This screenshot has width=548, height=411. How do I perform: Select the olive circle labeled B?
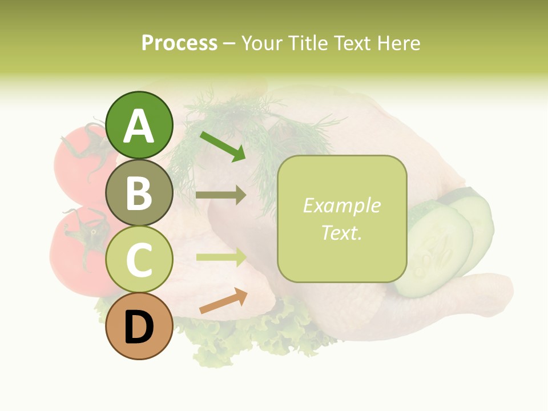pos(139,192)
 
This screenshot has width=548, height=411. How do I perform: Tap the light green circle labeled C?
pos(139,259)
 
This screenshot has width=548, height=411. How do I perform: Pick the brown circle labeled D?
pos(139,326)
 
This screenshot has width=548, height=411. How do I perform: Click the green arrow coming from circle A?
pos(223,146)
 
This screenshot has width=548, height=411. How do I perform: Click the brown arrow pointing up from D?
pos(223,301)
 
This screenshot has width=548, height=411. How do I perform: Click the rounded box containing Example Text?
pos(342,219)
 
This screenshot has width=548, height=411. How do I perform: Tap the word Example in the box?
pos(341,205)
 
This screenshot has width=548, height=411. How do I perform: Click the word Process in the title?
pos(179,43)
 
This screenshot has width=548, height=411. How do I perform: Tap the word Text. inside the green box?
pos(341,232)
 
